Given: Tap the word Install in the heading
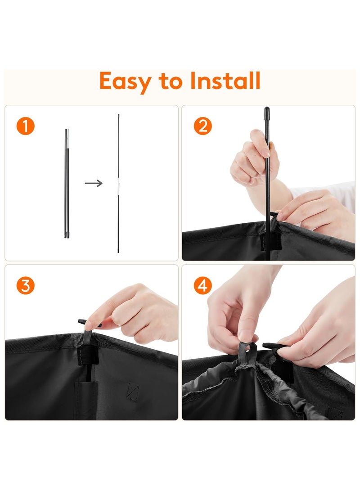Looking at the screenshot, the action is (225, 81).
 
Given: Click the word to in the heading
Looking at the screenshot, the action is (171, 82).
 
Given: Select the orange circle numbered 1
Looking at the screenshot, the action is (25, 126).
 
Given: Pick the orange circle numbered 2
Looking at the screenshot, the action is (202, 126).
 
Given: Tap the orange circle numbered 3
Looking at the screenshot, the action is (25, 286).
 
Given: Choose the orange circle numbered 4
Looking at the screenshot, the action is (202, 286).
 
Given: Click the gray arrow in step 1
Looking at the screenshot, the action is (94, 183).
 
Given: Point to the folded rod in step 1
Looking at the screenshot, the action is (67, 184).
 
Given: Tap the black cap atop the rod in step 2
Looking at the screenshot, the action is (267, 112).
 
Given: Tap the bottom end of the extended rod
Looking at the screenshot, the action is (118, 251).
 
